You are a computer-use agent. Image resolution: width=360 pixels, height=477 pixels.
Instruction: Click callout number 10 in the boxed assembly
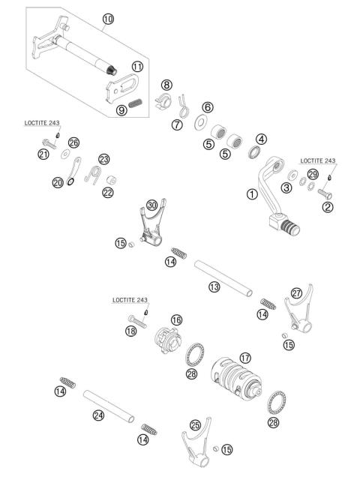pyautogui.click(x=108, y=19)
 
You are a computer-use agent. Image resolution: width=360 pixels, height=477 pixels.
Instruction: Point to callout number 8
pyautogui.click(x=166, y=85)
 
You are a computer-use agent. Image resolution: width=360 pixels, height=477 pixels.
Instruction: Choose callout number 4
pyautogui.click(x=260, y=139)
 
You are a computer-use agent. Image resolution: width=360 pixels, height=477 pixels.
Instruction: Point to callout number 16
pyautogui.click(x=175, y=319)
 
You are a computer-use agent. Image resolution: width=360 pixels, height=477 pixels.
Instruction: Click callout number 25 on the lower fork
pyautogui.click(x=194, y=424)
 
